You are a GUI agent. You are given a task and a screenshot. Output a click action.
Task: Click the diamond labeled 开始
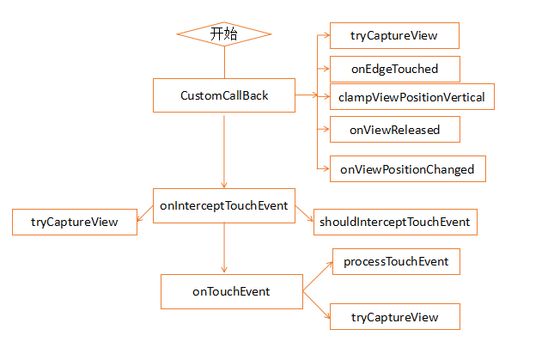224,34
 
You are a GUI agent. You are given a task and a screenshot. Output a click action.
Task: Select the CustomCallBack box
224,95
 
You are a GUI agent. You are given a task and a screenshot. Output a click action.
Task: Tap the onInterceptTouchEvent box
224,205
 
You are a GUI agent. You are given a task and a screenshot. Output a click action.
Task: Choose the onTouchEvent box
232,291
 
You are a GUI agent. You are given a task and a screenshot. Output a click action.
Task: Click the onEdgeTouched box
395,69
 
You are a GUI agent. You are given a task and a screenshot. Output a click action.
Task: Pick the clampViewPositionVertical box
412,97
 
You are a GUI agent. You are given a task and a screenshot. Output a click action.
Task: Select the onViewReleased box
395,129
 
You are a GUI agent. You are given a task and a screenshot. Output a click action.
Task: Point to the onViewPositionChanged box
408,169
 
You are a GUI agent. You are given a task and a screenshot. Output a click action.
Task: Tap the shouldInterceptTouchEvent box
395,223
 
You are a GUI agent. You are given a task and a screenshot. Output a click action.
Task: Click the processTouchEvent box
397,262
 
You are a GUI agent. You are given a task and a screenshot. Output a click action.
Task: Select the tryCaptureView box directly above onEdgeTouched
394,36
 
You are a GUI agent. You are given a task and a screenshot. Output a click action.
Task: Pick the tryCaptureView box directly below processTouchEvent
395,317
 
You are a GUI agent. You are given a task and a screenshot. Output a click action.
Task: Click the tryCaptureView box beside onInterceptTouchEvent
75,223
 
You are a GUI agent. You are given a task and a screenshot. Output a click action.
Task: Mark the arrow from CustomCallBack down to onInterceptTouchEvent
224,151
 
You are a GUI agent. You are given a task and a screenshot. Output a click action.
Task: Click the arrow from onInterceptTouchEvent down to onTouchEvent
224,247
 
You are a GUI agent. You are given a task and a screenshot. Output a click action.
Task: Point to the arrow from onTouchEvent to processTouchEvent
318,276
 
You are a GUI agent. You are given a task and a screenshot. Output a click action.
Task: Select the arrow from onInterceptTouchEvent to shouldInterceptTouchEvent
304,214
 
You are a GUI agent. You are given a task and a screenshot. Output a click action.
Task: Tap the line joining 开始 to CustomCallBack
224,63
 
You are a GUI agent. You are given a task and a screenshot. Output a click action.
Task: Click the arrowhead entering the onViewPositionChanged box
326,168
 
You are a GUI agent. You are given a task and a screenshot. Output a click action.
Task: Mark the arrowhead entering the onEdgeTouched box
326,68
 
